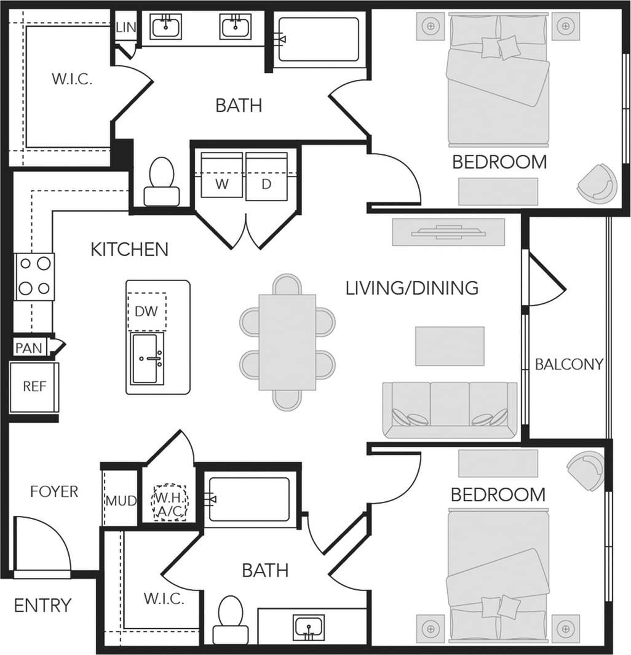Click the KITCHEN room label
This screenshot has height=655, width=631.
[129, 250]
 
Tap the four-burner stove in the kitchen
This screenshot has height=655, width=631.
[34, 276]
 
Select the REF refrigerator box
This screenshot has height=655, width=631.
[34, 387]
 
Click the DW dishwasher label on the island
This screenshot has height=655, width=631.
[146, 311]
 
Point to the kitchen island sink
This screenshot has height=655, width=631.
[148, 359]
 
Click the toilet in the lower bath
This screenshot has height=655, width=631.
[231, 618]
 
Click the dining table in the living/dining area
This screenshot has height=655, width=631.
[287, 341]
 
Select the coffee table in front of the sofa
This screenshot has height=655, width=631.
[450, 346]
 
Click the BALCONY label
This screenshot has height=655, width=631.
[569, 364]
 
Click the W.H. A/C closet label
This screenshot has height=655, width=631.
[169, 504]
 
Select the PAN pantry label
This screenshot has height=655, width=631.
[29, 348]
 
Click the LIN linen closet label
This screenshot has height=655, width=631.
[126, 27]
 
